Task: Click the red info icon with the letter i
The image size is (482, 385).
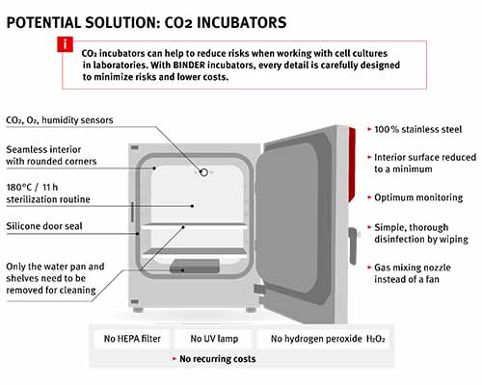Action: click(x=66, y=44)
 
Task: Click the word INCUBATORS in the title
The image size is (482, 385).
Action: click(x=241, y=23)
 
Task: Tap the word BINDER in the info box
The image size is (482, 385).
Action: click(x=189, y=65)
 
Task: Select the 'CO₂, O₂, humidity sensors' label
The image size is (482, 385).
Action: click(x=60, y=120)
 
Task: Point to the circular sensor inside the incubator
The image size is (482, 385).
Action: click(x=203, y=172)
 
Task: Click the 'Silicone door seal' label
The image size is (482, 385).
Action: click(x=44, y=226)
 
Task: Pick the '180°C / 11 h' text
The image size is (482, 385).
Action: click(x=32, y=188)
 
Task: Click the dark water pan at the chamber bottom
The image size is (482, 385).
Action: click(x=195, y=266)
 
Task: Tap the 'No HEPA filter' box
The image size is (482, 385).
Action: click(x=132, y=339)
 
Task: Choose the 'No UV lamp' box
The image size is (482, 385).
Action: click(x=214, y=339)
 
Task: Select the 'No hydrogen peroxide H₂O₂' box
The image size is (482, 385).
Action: click(x=324, y=339)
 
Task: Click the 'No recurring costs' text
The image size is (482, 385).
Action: click(x=218, y=359)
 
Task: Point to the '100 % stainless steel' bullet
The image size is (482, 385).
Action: click(x=417, y=129)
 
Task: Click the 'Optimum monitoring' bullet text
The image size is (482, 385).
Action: click(x=418, y=197)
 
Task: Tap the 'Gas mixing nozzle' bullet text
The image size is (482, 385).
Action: click(x=413, y=268)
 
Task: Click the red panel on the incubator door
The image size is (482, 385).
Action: click(x=352, y=165)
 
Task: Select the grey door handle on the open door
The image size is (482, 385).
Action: click(x=353, y=245)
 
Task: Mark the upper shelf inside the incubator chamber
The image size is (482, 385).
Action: click(x=194, y=226)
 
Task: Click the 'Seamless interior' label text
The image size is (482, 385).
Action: click(x=43, y=149)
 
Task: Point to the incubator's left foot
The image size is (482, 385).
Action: click(x=138, y=310)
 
